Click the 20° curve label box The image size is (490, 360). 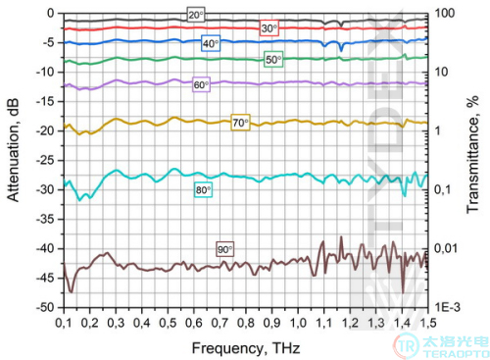point(196,15)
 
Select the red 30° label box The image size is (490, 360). point(269,28)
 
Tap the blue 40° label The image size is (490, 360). point(211,43)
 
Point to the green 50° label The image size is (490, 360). point(273,60)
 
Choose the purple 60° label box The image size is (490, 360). point(201,84)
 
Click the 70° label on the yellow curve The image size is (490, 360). point(240,123)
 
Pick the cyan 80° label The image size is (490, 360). point(203,189)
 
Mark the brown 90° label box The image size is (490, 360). point(224,249)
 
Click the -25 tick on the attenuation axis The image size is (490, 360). point(45,161)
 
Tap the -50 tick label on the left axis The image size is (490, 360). point(45,308)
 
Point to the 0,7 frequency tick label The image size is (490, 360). point(220,323)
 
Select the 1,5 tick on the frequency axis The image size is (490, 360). point(427,323)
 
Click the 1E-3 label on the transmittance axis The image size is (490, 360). point(448,307)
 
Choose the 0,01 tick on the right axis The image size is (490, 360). point(446,248)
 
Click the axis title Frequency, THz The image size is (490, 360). point(246,348)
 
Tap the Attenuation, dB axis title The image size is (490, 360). point(13,150)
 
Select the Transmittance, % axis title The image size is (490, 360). point(472,154)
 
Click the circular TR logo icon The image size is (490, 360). point(406,346)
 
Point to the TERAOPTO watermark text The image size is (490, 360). point(456,354)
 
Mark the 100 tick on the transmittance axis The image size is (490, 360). point(444,13)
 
